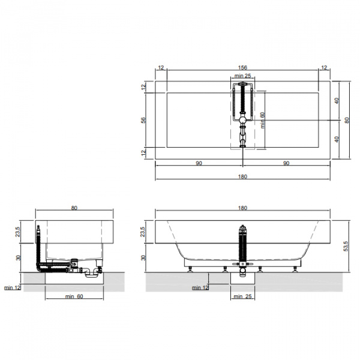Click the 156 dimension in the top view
click(x=242, y=67)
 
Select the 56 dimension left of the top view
click(x=143, y=120)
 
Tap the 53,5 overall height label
click(x=346, y=246)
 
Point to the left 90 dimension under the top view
click(x=199, y=163)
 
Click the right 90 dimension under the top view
click(x=286, y=163)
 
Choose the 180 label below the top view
click(x=242, y=176)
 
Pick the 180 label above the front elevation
click(x=242, y=208)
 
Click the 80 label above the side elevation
click(x=74, y=208)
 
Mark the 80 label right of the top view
click(x=347, y=120)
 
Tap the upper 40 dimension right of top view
click(x=337, y=101)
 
